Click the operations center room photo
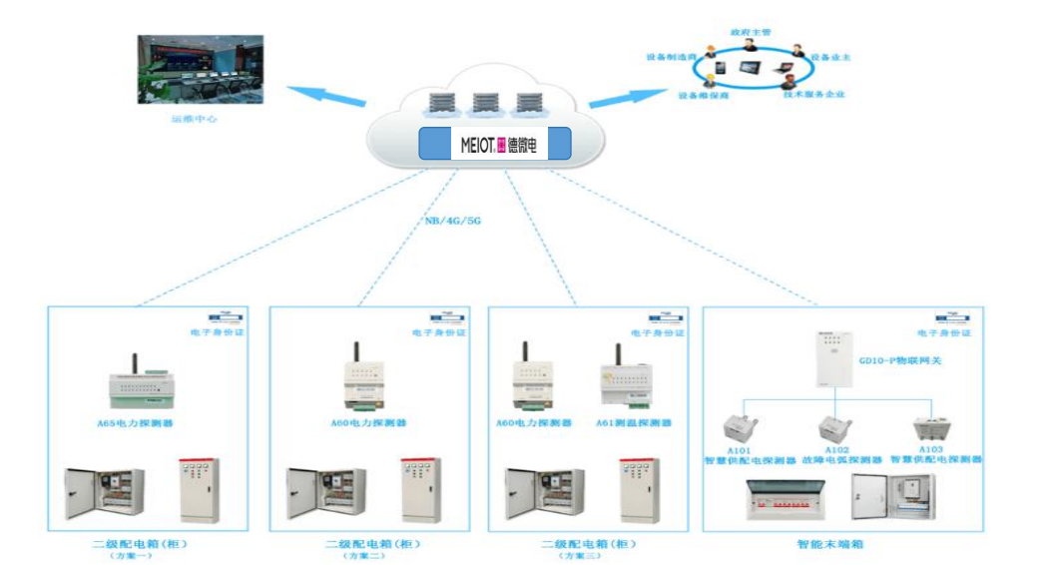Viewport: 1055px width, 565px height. coord(200,70)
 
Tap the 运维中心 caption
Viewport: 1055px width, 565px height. coord(194,118)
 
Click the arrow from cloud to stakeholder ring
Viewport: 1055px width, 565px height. coord(619,97)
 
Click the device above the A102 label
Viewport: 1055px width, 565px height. coord(833,429)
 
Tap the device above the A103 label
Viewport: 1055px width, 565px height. coord(930,429)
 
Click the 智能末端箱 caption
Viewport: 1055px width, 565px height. coord(829,545)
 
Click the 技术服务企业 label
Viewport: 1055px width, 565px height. coord(813,95)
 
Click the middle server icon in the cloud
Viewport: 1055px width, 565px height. coord(485,101)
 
